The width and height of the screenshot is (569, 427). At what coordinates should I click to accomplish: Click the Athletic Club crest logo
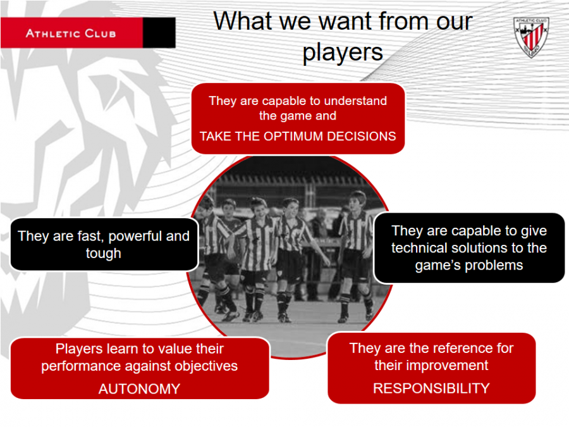[x=531, y=37]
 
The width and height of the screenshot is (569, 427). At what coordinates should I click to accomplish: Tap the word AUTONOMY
[x=139, y=389]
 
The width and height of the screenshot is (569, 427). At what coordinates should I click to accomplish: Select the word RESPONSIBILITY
[x=431, y=388]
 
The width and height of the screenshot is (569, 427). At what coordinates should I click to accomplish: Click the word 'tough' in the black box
[x=104, y=254]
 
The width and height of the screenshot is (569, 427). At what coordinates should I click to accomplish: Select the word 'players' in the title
[x=343, y=53]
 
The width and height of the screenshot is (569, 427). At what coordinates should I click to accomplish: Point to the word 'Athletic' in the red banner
[x=53, y=34]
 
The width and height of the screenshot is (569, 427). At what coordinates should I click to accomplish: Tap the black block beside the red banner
[x=159, y=33]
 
